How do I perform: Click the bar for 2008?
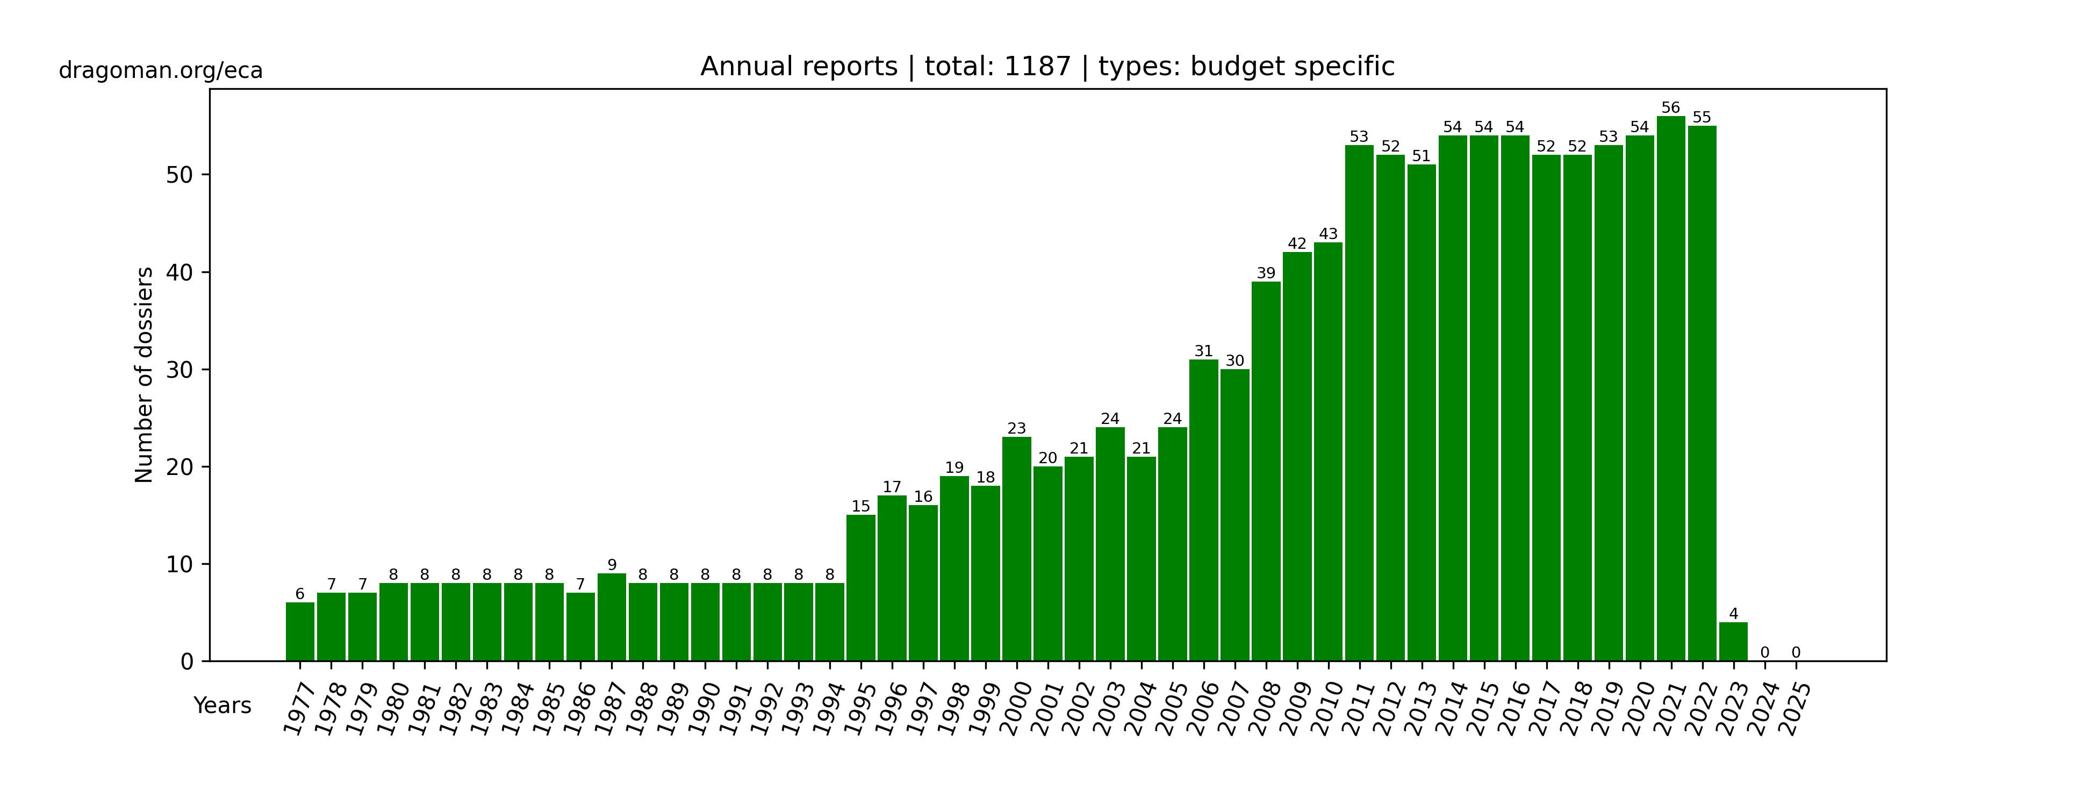[x=1266, y=472]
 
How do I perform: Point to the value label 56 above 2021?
[x=1670, y=108]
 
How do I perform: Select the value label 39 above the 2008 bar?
[x=1266, y=274]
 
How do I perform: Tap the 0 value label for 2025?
[x=1796, y=652]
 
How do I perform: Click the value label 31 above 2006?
[x=1203, y=351]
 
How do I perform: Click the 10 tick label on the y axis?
[x=180, y=564]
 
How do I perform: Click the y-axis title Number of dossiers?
[x=144, y=375]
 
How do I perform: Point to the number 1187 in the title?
[x=1037, y=67]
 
